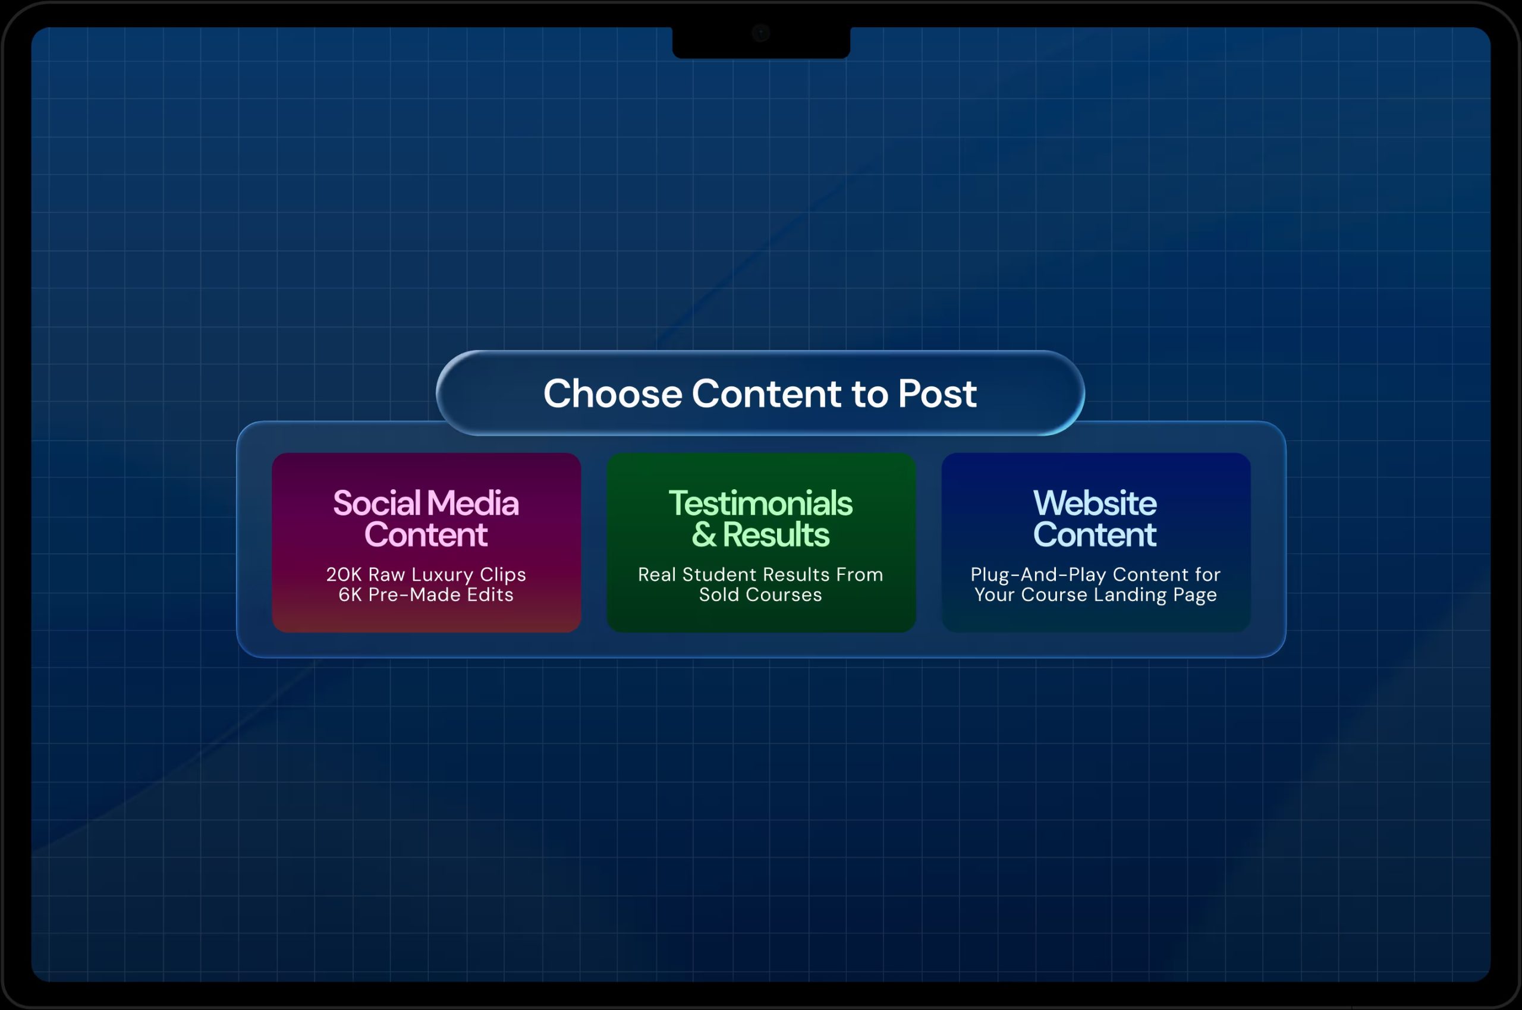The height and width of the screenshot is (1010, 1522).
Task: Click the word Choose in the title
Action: click(612, 393)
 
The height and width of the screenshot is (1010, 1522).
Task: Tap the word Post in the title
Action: click(937, 393)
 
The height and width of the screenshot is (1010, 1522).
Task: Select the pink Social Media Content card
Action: click(426, 542)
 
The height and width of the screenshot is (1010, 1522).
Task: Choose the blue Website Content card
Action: click(1096, 542)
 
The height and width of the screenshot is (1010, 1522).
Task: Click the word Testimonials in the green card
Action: click(760, 503)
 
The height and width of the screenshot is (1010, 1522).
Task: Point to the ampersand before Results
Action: click(704, 534)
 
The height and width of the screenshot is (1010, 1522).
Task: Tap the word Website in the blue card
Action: click(1095, 503)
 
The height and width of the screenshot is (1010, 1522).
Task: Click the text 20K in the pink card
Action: click(344, 575)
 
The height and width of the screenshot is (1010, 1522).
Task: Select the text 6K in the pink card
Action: click(350, 594)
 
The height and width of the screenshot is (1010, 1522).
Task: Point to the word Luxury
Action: click(442, 575)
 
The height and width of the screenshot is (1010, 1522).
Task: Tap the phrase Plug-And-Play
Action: click(1038, 575)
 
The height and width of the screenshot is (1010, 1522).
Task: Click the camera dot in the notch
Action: click(760, 33)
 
